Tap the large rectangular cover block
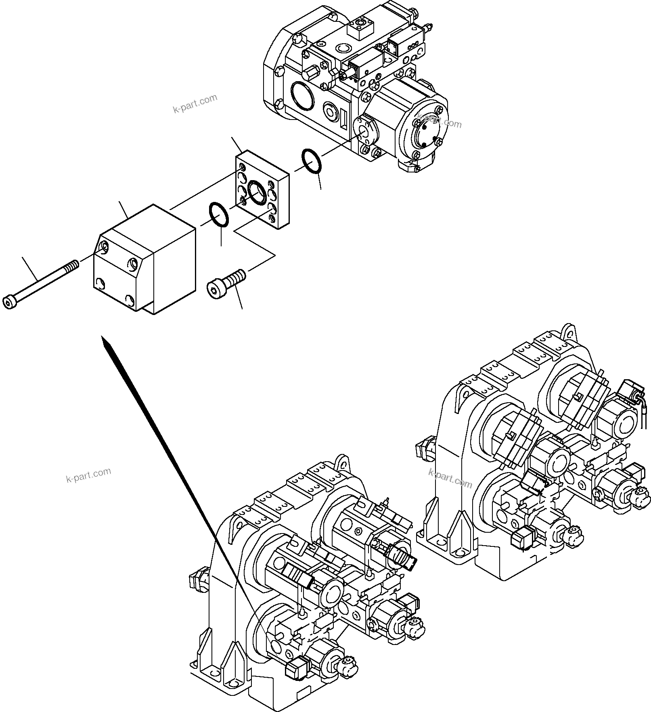click(x=145, y=258)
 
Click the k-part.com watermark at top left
click(x=195, y=104)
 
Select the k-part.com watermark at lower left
click(x=88, y=475)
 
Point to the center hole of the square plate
click(x=256, y=190)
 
